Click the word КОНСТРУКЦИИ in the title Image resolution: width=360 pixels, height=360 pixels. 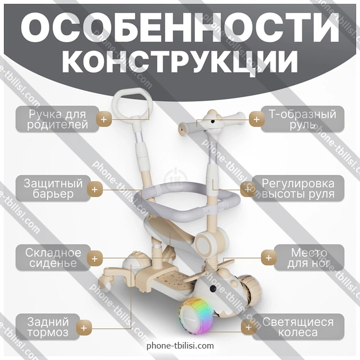(x=180, y=62)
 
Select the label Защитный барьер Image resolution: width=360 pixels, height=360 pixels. (x=53, y=189)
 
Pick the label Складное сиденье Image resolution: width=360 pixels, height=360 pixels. (x=53, y=257)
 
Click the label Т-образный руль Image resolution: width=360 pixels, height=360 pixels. (x=302, y=119)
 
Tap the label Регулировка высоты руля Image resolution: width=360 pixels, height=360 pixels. (x=302, y=189)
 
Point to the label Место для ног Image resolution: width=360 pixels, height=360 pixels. (x=309, y=257)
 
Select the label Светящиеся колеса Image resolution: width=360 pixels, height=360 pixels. (x=298, y=328)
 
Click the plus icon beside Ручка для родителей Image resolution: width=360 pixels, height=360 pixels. (x=103, y=120)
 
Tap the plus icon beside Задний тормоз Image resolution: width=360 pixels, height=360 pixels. (x=84, y=328)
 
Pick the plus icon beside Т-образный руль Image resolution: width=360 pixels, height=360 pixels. (x=256, y=119)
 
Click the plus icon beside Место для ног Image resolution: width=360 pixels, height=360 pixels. (x=268, y=257)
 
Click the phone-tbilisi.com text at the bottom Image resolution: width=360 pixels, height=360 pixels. (x=180, y=346)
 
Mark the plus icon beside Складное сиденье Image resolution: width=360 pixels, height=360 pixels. (x=95, y=257)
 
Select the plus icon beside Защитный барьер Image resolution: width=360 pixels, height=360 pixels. (x=95, y=189)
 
